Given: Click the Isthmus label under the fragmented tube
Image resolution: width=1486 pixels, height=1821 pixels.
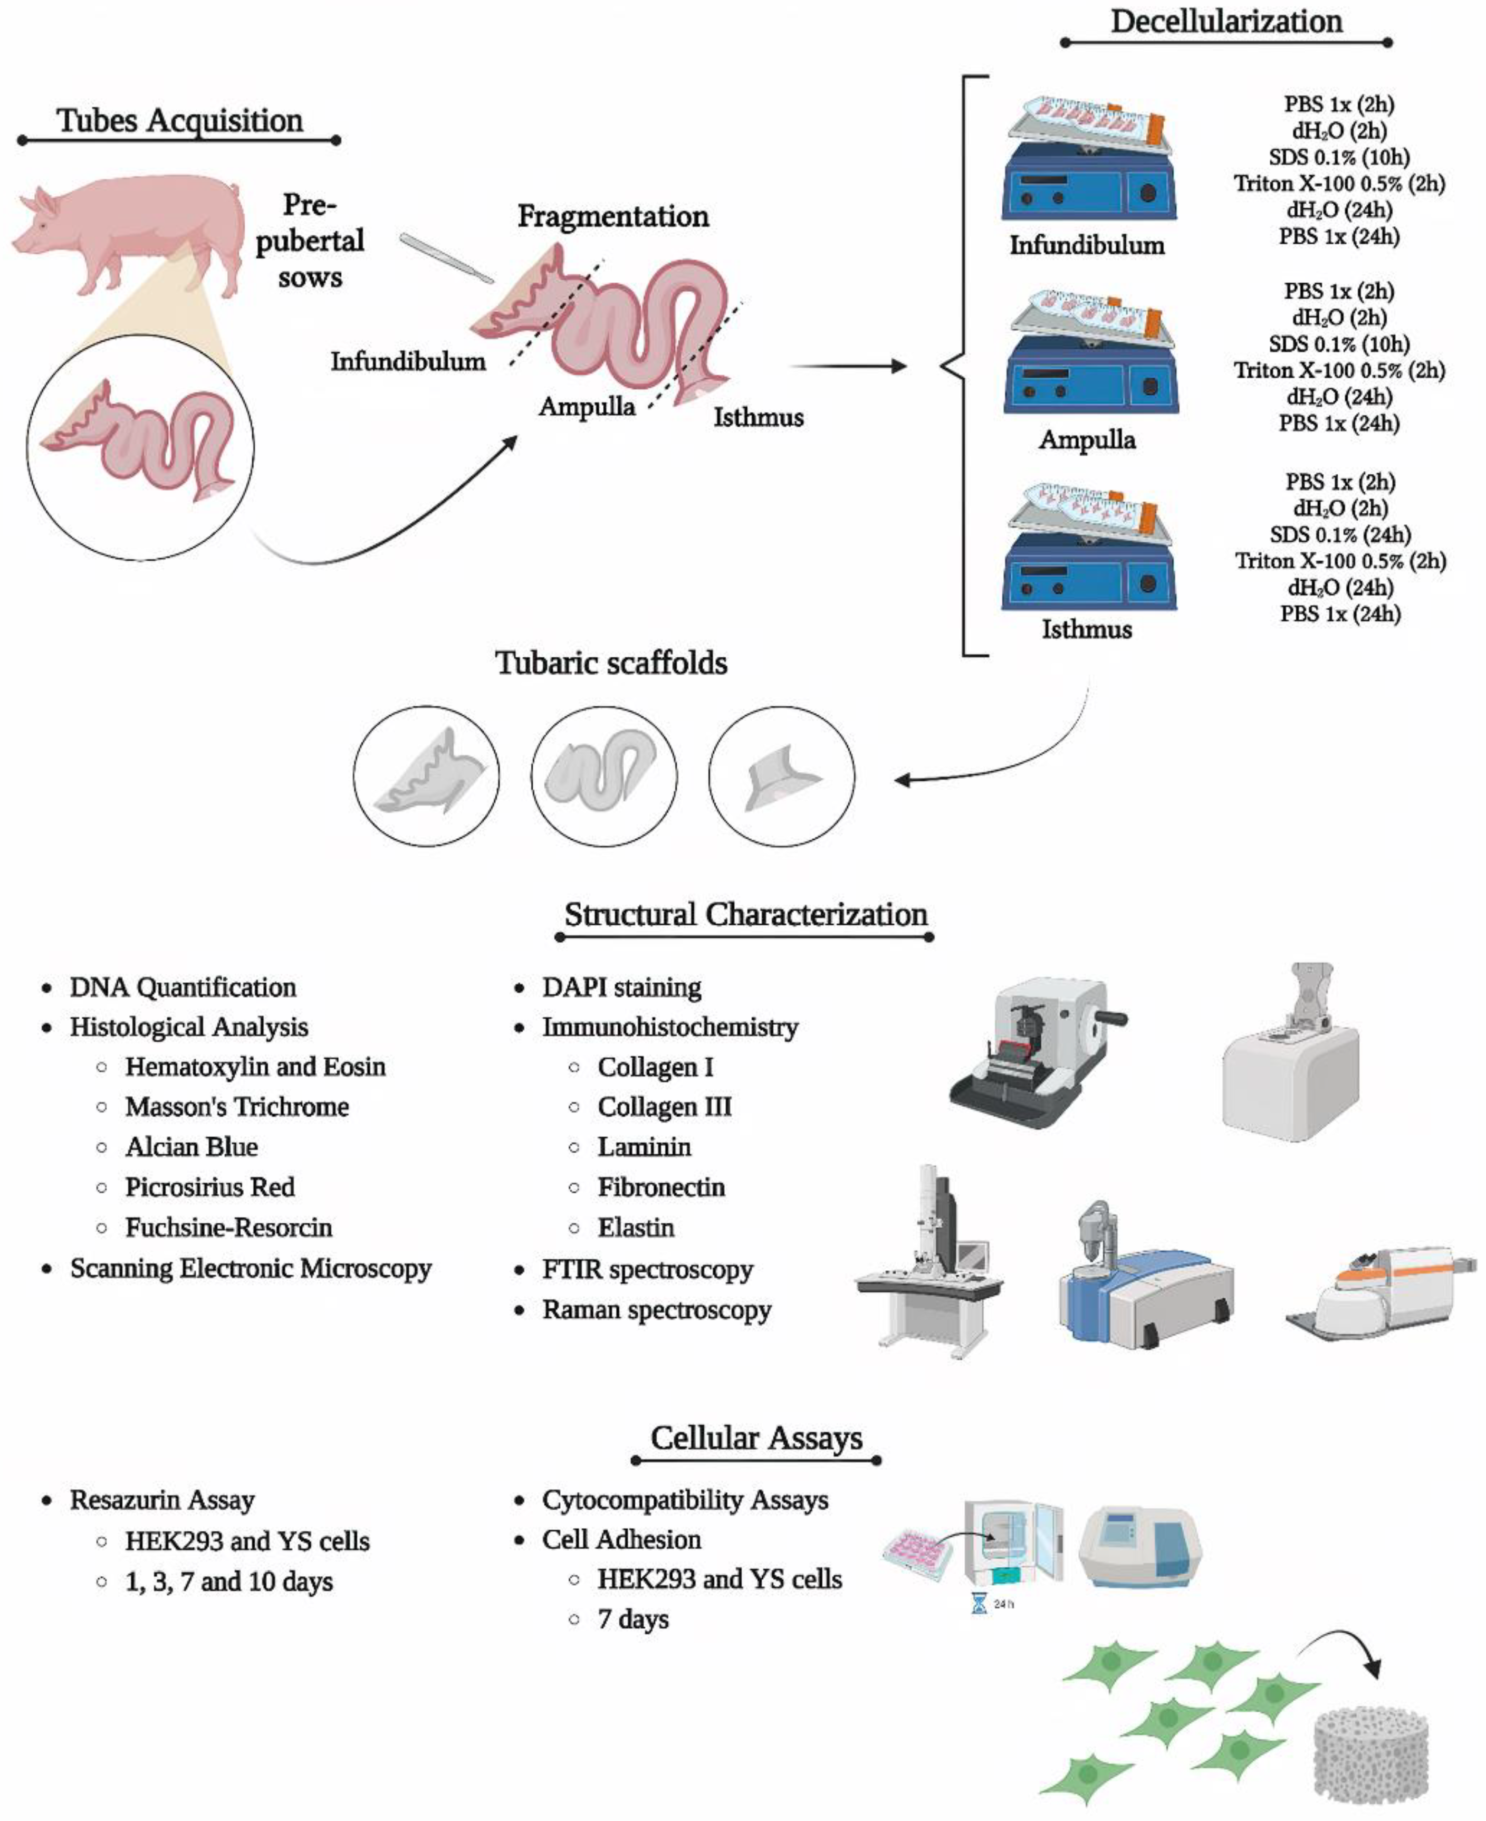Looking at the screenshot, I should coord(759,418).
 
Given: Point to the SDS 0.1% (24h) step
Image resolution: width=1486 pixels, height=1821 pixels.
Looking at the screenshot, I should coord(1340,535).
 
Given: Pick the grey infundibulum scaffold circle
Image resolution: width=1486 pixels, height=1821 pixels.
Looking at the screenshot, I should coord(426,777).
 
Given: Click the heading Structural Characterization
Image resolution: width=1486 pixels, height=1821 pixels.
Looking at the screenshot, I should coord(745,914).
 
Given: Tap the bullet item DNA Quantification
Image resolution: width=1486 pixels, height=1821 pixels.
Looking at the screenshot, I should coord(183,987).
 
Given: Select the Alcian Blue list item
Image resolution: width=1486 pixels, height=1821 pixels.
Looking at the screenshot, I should coord(191,1146).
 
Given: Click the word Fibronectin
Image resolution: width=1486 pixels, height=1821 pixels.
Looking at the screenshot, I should coord(661,1186).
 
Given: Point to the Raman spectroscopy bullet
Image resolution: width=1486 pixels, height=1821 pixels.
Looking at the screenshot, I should coord(657,1310).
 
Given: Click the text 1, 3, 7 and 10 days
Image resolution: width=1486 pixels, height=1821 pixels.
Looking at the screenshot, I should coord(228,1582).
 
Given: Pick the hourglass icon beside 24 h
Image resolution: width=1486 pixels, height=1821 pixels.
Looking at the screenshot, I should coord(979,1604).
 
